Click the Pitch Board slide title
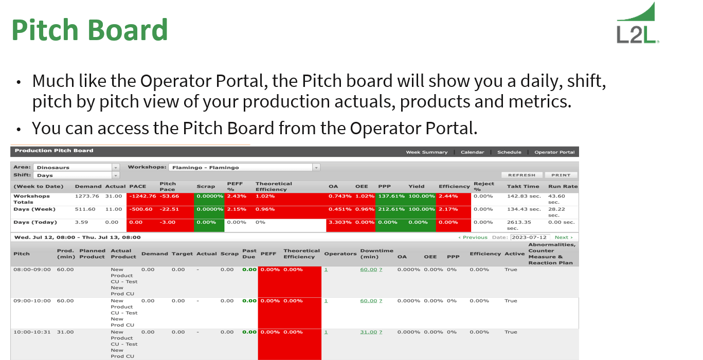[x=89, y=30]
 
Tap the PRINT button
[x=561, y=175]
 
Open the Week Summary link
[x=426, y=152]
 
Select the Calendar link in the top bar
[x=472, y=152]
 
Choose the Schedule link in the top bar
[x=509, y=152]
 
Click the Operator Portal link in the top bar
[x=554, y=152]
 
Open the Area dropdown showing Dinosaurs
[x=76, y=167]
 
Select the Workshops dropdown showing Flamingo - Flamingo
[x=245, y=167]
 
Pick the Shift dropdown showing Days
[x=76, y=175]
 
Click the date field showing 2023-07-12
[x=530, y=237]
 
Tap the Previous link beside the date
[x=473, y=237]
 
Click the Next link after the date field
[x=563, y=237]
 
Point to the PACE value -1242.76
[x=142, y=196]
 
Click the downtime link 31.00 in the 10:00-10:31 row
[x=368, y=332]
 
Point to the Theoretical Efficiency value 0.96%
[x=265, y=209]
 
